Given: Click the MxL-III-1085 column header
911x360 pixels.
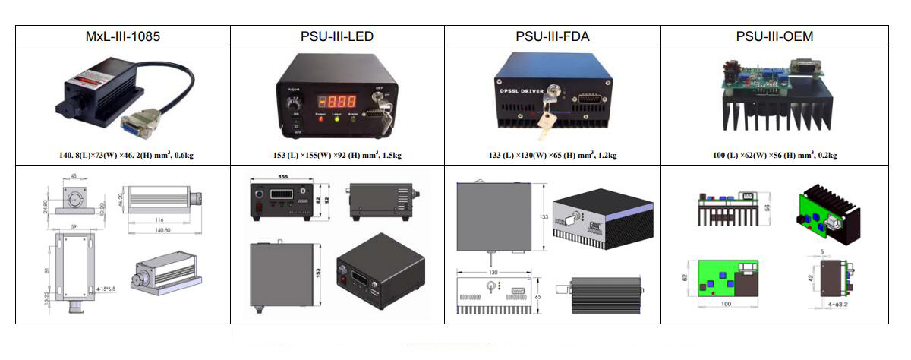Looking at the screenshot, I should click(123, 36).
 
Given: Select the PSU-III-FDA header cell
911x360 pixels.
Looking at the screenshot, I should click(552, 36).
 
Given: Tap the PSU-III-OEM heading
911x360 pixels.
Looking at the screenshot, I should click(774, 36).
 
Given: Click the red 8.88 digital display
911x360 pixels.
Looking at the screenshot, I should click(336, 102).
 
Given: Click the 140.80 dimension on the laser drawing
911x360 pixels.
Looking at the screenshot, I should click(162, 229).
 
